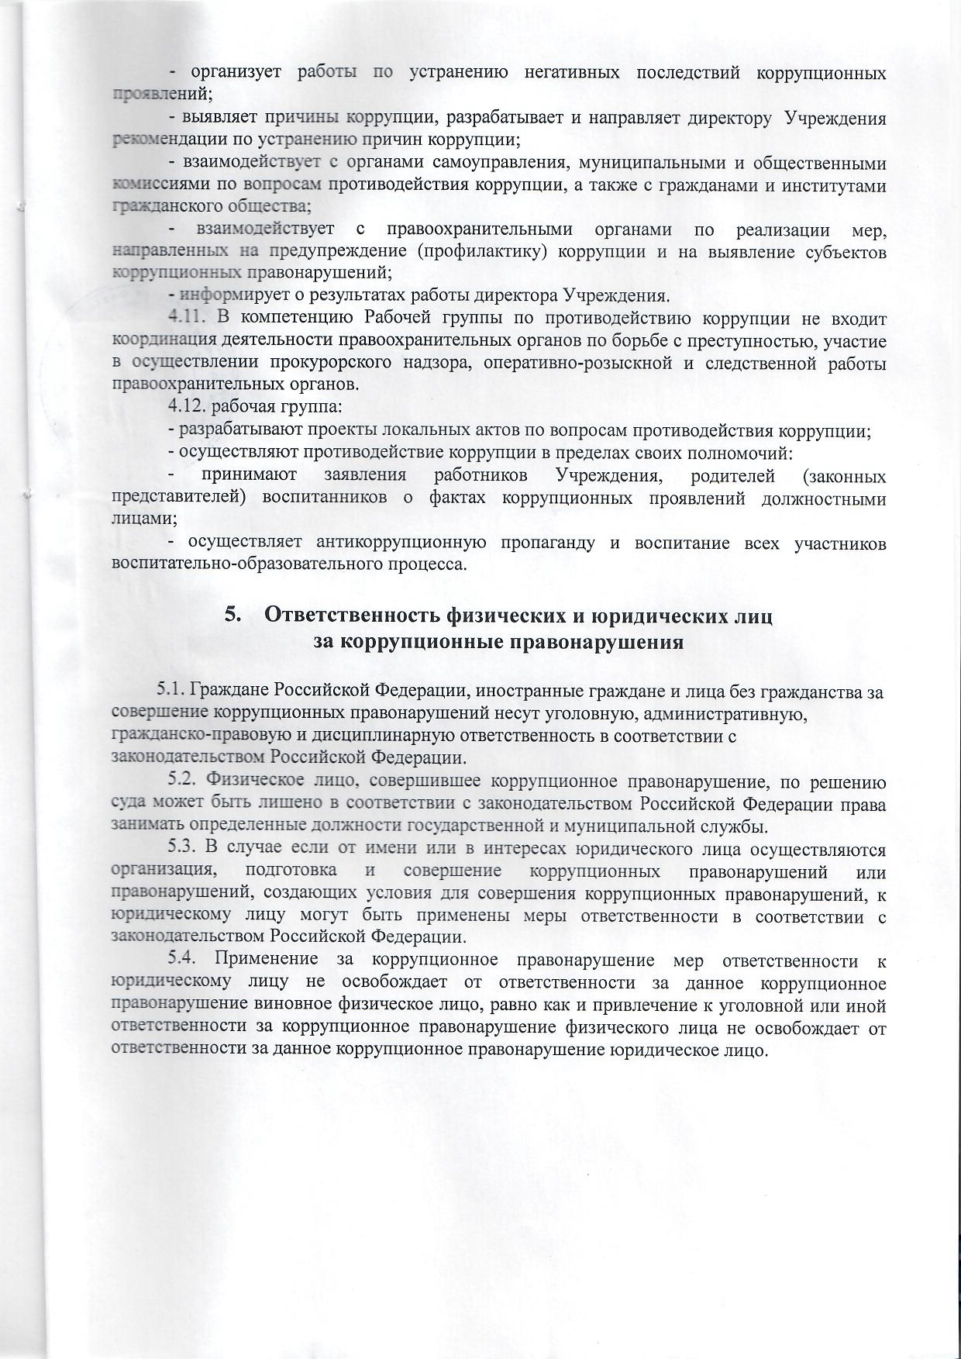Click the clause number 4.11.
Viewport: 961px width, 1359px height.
point(186,319)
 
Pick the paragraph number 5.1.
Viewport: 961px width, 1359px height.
point(172,690)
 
